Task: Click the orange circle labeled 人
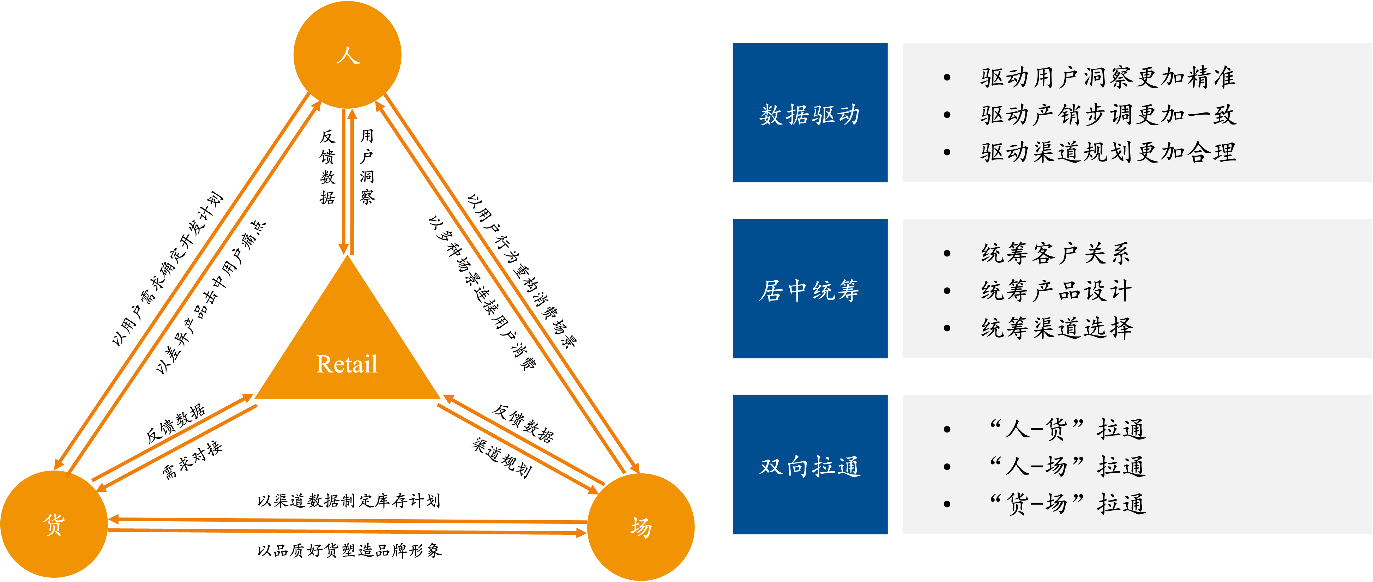[x=348, y=55]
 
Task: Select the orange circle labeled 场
[x=641, y=527]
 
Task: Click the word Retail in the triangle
[x=347, y=365]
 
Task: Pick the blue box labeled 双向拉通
[x=809, y=465]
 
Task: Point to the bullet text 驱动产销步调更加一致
[x=1108, y=115]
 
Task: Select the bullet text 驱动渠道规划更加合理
[x=1108, y=152]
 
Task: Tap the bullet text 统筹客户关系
[x=1055, y=254]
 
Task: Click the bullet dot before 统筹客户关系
[x=947, y=254]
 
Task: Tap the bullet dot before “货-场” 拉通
[x=947, y=504]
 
